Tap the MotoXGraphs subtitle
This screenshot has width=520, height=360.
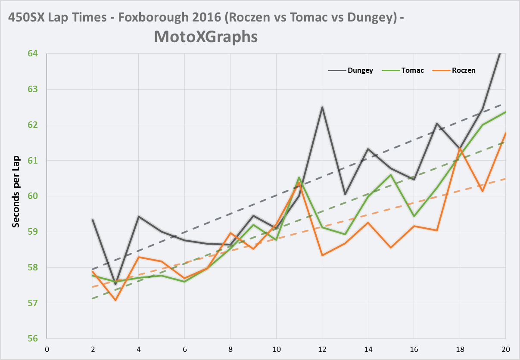pos(206,37)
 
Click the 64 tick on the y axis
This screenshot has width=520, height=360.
pos(33,53)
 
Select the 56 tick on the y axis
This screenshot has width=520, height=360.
pos(33,338)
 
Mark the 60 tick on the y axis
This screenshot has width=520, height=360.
pos(33,196)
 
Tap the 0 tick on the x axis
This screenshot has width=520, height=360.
pos(47,348)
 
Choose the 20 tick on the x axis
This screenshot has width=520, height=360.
pos(505,348)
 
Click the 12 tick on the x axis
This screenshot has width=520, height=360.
pos(322,348)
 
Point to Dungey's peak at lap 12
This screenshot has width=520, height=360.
pos(322,107)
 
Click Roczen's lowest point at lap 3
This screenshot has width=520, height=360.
pos(115,300)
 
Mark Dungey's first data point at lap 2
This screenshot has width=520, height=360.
pos(93,220)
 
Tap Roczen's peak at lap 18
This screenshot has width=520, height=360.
pos(460,148)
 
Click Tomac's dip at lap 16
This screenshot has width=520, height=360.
pos(414,216)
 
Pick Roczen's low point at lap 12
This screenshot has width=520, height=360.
pos(322,255)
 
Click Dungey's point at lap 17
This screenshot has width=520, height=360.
pos(436,124)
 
